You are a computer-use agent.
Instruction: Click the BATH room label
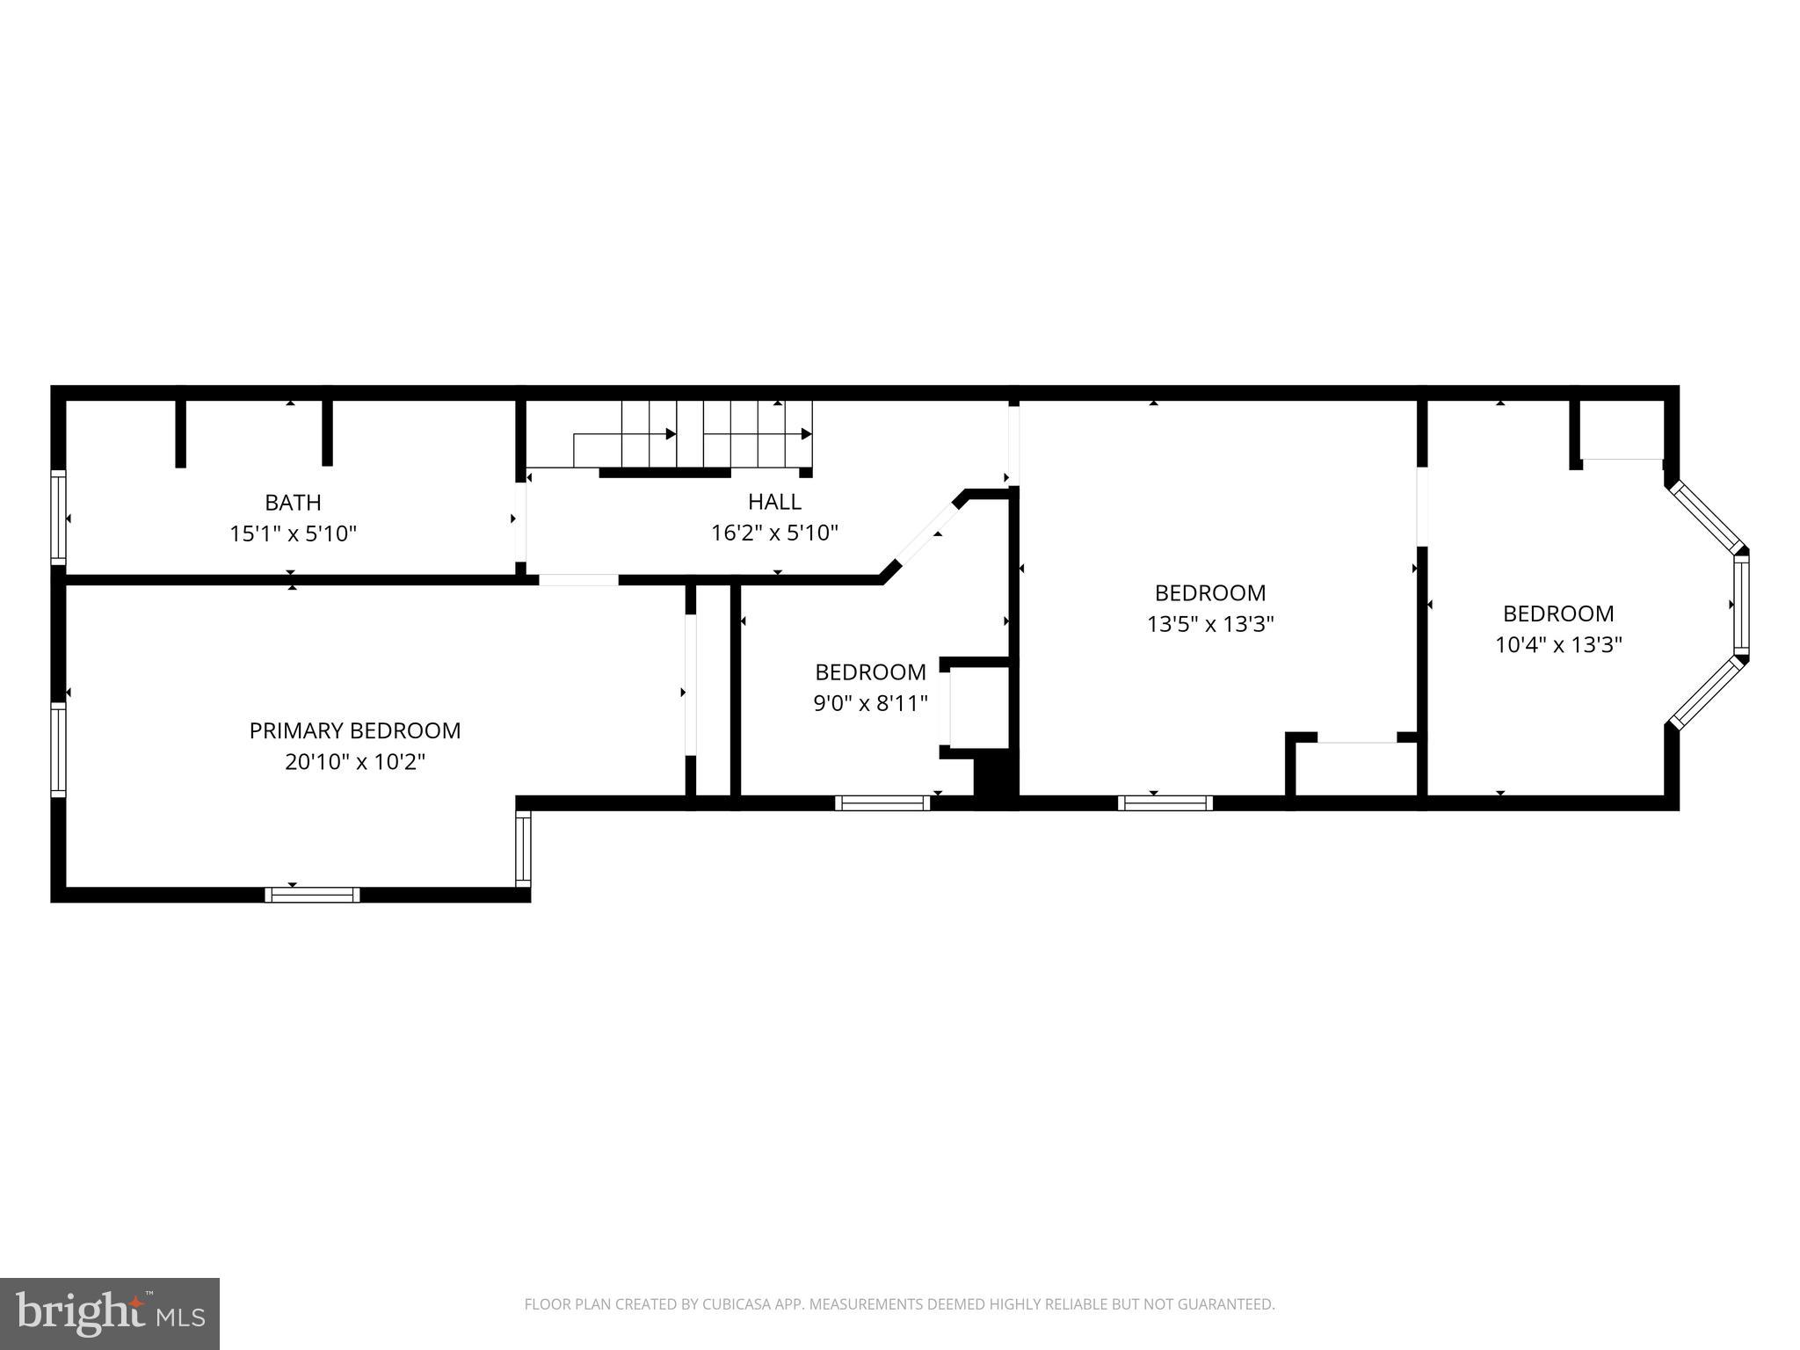coord(293,503)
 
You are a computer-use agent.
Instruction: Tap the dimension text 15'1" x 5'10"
coord(293,533)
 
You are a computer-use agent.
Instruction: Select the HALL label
coord(774,502)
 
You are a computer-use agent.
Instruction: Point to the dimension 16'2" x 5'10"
coord(774,533)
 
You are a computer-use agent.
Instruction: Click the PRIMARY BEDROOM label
coord(355,730)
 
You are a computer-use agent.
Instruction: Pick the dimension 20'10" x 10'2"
coord(355,762)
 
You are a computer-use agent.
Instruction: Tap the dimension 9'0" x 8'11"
coord(870,704)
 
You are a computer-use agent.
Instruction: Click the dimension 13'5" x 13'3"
coord(1210,624)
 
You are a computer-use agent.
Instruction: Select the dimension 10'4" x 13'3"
coord(1558,645)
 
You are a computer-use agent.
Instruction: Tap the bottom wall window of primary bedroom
coord(312,895)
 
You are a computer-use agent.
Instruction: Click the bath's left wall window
coord(58,517)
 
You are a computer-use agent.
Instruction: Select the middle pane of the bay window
coord(1741,605)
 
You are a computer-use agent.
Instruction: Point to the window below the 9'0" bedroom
coord(882,802)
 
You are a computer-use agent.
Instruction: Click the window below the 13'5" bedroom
coord(1165,802)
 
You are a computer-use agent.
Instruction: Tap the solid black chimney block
coord(995,777)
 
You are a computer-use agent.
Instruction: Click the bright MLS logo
coord(110,1313)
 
